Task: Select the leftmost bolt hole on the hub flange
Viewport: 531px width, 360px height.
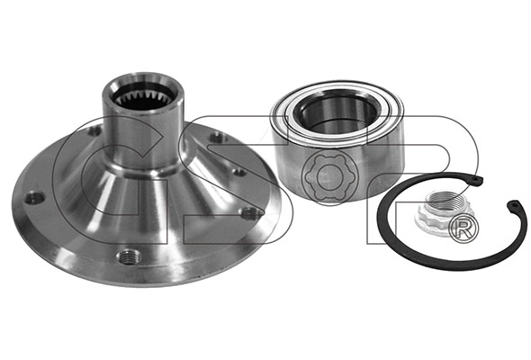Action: point(34,197)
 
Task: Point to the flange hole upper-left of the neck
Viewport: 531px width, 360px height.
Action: point(94,131)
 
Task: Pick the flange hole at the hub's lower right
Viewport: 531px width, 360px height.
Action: point(249,212)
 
